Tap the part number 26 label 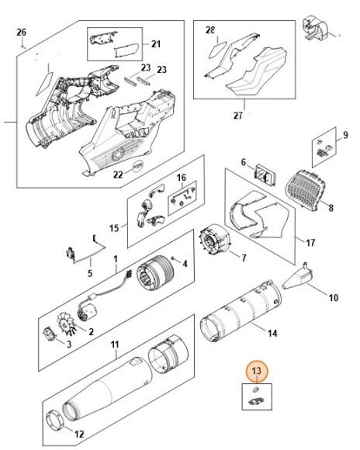22,32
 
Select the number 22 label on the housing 118,175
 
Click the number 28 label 210,30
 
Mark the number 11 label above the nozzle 114,344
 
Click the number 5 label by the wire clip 89,272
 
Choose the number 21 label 155,43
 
